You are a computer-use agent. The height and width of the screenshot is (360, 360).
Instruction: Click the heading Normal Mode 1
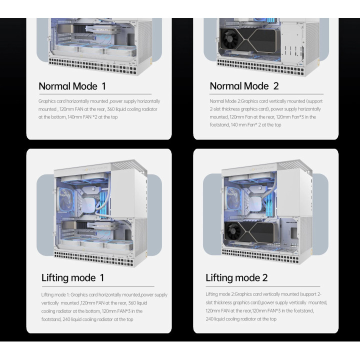tap(72, 86)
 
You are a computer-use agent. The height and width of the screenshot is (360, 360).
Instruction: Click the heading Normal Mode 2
tap(244, 86)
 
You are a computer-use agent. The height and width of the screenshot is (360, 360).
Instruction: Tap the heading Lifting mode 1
tap(72, 278)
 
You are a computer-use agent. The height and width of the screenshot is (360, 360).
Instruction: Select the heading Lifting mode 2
tap(236, 278)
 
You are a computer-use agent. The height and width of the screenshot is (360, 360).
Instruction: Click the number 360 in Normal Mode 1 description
tap(110, 109)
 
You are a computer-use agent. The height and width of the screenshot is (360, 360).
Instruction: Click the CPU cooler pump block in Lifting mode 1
tap(89, 203)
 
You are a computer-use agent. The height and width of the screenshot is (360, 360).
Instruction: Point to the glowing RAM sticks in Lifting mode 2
tap(270, 204)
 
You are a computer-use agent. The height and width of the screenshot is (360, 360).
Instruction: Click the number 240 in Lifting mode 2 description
tap(209, 319)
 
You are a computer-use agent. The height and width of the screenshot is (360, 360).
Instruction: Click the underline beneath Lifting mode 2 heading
tap(262, 287)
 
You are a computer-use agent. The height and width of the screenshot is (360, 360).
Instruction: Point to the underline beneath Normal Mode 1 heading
tap(95, 94)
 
